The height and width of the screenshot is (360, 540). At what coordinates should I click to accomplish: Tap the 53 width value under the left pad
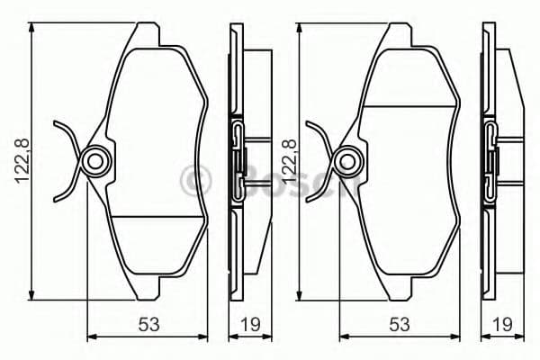coord(148,323)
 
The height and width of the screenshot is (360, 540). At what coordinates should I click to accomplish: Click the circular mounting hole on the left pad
coord(94,161)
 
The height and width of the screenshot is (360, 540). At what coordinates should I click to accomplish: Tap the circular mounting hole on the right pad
coord(346,161)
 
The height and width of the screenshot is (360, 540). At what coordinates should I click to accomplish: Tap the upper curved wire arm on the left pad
coord(67,135)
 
